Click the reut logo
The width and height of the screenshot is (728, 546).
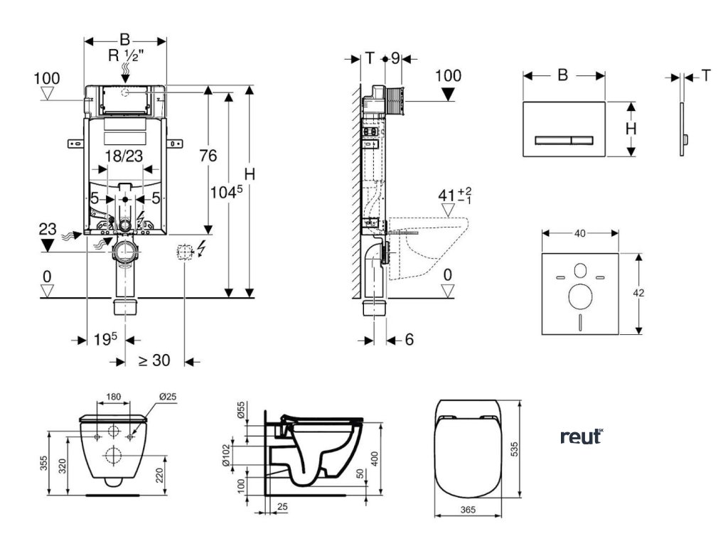click(x=581, y=437)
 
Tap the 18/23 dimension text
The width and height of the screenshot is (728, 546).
click(x=125, y=156)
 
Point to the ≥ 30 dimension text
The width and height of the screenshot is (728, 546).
click(x=154, y=360)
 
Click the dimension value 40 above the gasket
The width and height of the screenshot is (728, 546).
click(x=579, y=232)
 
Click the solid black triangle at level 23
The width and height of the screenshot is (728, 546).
click(x=47, y=245)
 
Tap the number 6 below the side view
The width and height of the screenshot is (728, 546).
click(x=409, y=340)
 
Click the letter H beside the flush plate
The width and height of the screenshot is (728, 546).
click(x=630, y=129)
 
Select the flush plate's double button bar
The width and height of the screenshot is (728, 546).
click(x=563, y=138)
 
